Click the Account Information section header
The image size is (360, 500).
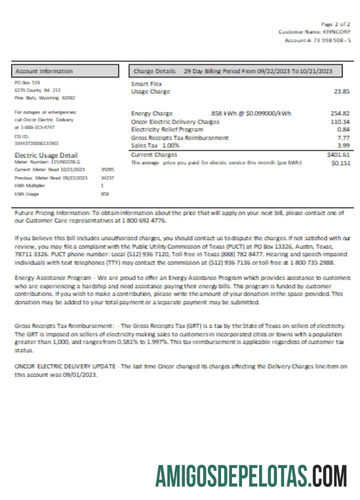click(65, 71)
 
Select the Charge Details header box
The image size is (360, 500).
click(235, 71)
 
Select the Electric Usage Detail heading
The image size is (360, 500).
click(46, 155)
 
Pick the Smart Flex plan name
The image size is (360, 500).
click(146, 84)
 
